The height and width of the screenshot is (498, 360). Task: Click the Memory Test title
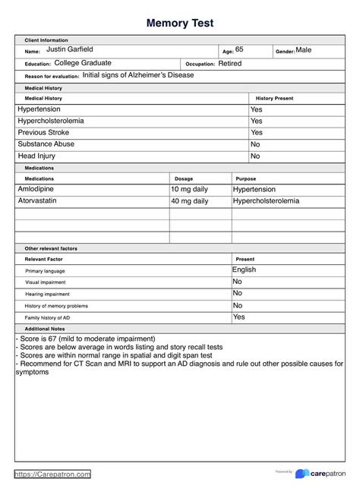180,23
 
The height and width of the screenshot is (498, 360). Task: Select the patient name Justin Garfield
70,49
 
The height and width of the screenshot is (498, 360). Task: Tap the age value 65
239,49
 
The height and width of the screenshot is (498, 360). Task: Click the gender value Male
303,50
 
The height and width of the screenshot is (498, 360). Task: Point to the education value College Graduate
82,63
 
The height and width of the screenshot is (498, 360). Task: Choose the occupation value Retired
229,64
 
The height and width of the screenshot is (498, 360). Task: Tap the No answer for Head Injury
255,156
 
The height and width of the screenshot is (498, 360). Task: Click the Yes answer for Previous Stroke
256,132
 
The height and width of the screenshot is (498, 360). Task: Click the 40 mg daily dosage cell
189,201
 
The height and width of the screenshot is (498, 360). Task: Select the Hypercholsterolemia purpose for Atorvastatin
266,201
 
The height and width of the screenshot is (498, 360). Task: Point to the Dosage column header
184,178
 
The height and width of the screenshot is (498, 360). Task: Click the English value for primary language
244,269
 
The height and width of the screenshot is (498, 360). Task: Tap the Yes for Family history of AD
238,317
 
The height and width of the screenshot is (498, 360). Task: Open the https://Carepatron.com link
53,474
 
